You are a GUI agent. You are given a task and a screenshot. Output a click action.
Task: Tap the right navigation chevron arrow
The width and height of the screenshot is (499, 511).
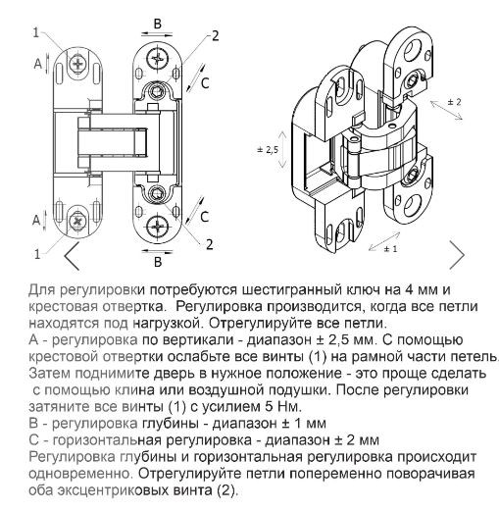(456, 254)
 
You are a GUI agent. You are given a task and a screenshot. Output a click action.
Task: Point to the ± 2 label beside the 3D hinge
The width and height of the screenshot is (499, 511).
(454, 102)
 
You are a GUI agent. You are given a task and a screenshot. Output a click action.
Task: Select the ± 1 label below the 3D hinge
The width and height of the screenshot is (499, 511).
(388, 249)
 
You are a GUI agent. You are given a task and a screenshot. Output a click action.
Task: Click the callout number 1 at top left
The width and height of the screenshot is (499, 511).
(37, 32)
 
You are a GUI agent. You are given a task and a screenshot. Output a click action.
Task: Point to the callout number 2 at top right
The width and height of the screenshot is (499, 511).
(214, 35)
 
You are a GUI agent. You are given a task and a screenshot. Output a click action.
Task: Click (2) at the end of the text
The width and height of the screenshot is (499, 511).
(224, 491)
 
